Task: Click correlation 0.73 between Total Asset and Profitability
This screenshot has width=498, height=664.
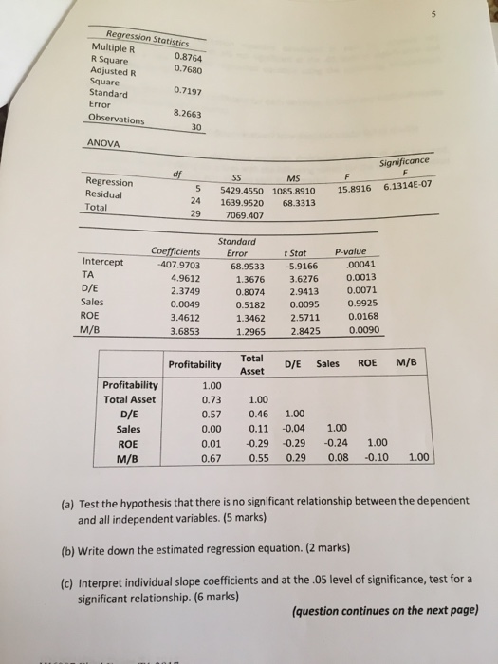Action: click(x=211, y=401)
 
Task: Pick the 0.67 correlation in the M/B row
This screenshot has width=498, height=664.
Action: click(x=211, y=460)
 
